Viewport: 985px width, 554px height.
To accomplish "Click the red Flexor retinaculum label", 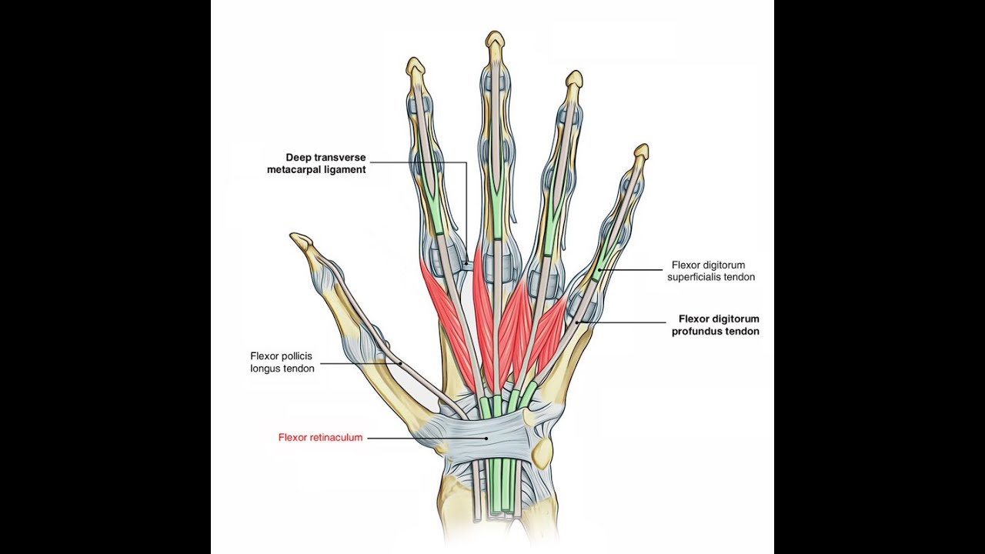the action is click(x=320, y=438).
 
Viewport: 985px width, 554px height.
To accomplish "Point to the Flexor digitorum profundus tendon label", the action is click(x=719, y=325).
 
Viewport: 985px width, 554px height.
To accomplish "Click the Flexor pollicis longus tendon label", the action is click(x=282, y=362).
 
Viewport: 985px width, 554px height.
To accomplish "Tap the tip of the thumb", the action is click(x=296, y=239).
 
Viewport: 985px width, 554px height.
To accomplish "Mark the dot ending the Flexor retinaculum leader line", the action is click(x=486, y=438).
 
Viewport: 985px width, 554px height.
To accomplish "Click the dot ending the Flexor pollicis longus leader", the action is click(x=401, y=363).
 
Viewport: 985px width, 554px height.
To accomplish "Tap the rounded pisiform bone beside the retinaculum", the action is click(x=543, y=451).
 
